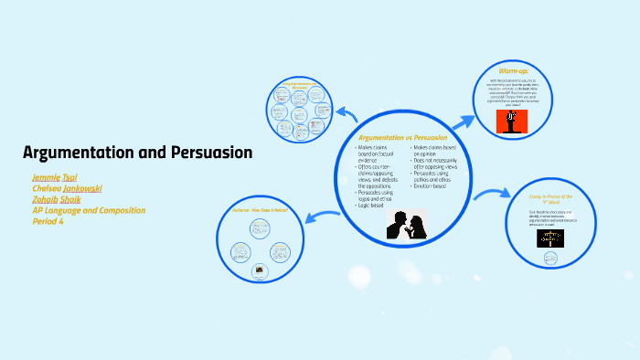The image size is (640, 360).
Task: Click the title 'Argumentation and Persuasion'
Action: (137, 153)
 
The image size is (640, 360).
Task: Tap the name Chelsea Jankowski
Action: (67, 188)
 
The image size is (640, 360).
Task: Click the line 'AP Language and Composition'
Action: (89, 210)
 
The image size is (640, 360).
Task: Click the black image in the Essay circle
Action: (549, 238)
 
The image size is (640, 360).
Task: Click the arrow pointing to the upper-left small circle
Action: (345, 113)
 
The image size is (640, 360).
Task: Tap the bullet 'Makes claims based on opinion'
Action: (433, 151)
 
